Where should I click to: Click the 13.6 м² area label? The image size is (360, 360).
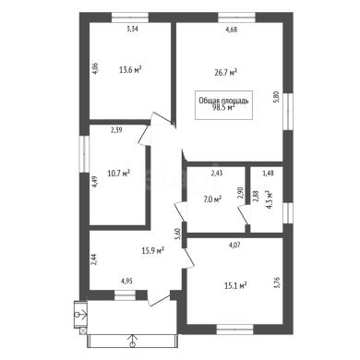point(130,70)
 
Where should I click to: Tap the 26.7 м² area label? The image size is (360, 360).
point(225,73)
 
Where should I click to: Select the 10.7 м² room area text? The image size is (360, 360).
point(118,174)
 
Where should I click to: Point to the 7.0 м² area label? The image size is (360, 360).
point(212,199)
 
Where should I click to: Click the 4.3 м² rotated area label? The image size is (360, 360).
point(270,200)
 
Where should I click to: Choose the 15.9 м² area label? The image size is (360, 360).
point(152,251)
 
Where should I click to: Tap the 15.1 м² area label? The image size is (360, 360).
point(235,286)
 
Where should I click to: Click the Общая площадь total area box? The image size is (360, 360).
point(223,104)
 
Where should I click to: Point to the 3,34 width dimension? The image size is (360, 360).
point(133,30)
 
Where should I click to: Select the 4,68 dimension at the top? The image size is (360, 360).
point(232,30)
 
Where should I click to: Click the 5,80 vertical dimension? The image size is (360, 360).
point(276,97)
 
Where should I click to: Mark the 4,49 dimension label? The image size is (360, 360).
point(95,182)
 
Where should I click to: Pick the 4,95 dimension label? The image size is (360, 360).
point(126,281)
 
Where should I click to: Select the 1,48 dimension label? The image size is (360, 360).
point(268,173)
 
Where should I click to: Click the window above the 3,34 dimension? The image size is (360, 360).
point(130,17)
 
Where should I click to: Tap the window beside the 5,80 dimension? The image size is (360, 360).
point(288,112)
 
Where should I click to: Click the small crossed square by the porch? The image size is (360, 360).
point(82,330)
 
